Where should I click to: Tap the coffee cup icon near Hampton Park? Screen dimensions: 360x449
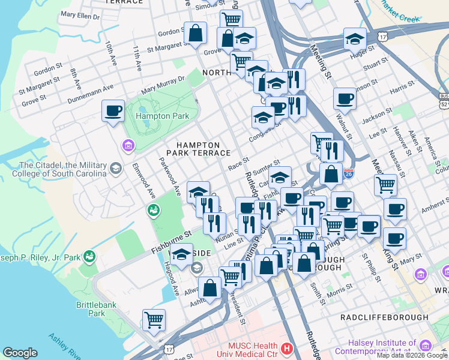[x=113, y=111]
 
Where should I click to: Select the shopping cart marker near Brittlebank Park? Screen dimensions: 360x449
[x=154, y=320]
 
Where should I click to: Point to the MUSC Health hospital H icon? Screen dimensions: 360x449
[x=287, y=348]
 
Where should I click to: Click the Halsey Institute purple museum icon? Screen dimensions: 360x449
[x=426, y=345]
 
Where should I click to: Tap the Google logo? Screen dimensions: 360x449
[x=20, y=353]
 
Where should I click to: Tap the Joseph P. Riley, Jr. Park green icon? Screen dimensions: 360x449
[x=90, y=257]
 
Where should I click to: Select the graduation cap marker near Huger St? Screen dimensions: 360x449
[x=355, y=39]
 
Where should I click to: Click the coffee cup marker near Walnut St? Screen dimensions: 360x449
[x=345, y=98]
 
